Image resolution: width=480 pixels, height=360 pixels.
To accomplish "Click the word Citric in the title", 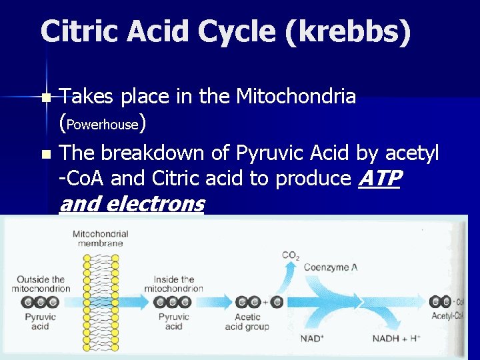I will point(77,32).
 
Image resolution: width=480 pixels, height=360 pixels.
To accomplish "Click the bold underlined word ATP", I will point(379,179).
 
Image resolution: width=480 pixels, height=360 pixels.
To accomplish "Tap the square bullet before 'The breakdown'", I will point(45,155).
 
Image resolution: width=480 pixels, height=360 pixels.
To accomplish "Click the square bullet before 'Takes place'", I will point(45,98).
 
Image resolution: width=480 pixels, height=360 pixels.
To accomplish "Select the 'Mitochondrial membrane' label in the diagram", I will point(101,239).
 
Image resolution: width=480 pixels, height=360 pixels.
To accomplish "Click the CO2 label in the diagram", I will point(291,255).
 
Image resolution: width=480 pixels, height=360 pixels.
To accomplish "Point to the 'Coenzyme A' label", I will point(331,267).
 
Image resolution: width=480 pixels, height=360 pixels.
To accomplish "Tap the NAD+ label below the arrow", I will point(312,339).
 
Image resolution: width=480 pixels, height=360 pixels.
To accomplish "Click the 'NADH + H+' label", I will point(396,339).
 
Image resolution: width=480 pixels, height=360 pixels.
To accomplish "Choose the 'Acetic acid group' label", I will point(247,322).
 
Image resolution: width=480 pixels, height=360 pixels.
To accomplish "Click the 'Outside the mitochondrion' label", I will point(41,284).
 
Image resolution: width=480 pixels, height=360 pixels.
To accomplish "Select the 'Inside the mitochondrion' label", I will point(174,284).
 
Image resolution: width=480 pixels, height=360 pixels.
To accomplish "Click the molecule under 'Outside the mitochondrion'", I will point(41,302).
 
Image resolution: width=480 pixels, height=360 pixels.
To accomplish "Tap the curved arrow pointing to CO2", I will point(288,273).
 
